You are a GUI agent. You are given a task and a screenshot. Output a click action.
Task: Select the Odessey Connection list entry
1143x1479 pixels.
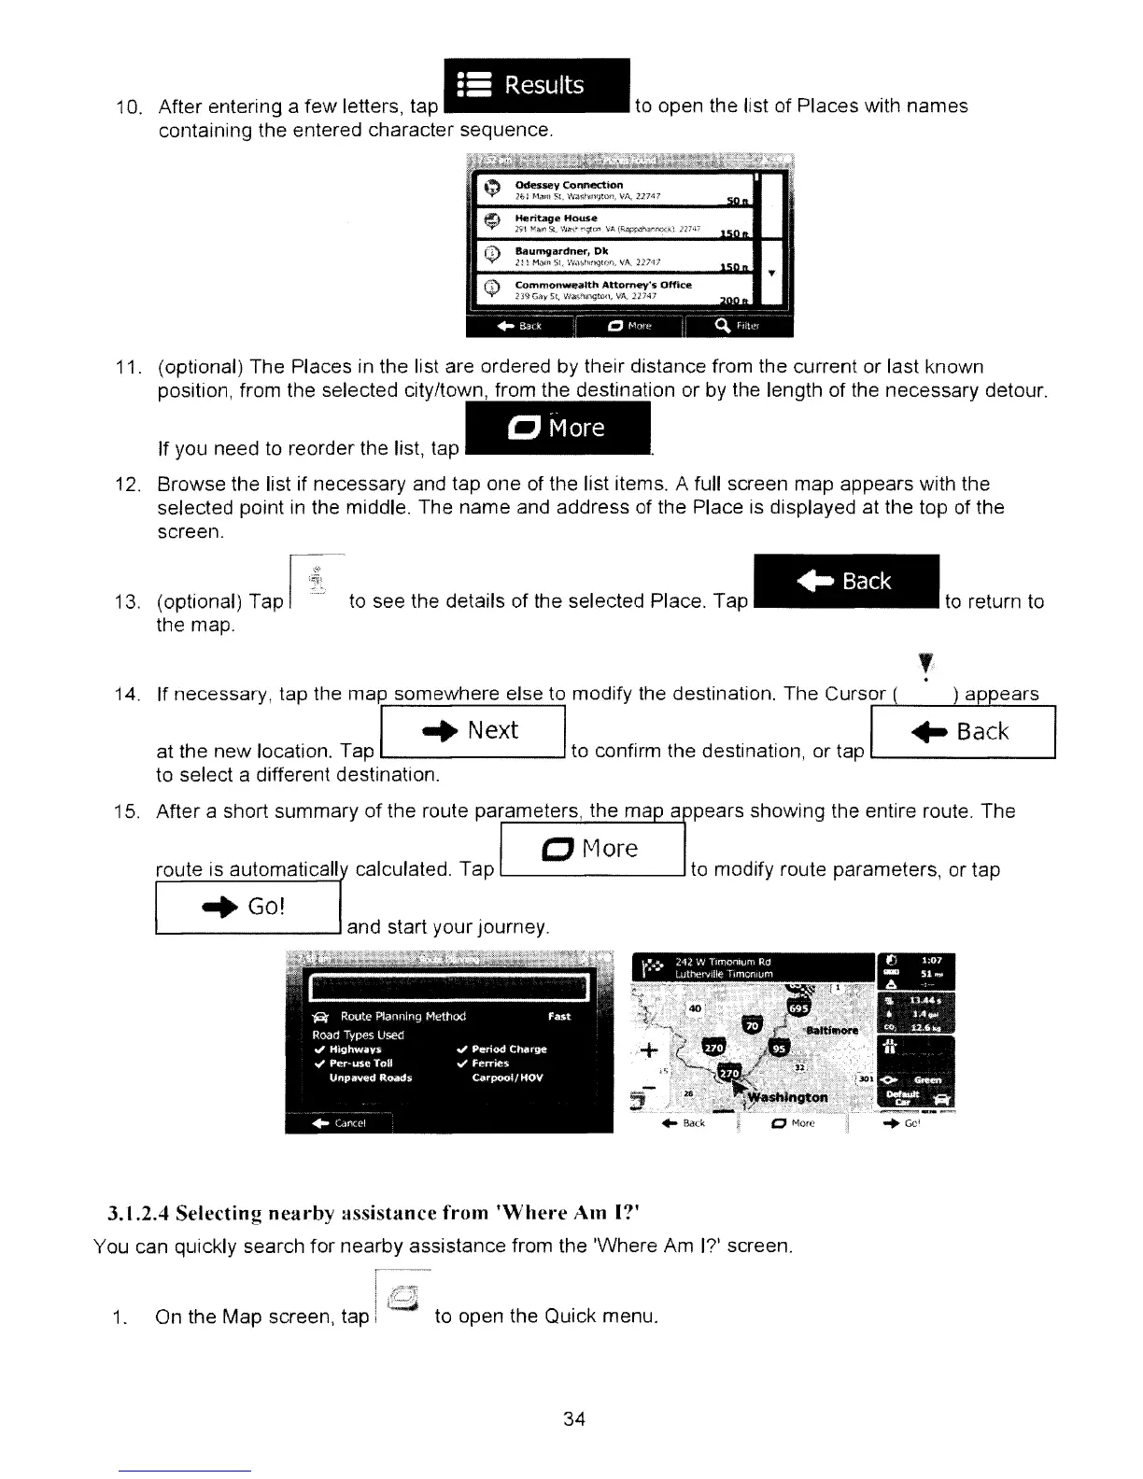pyautogui.click(x=616, y=190)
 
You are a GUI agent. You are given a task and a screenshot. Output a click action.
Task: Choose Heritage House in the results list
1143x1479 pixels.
pyautogui.click(x=616, y=223)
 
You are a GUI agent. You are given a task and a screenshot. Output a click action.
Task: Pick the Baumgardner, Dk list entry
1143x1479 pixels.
pyautogui.click(x=616, y=257)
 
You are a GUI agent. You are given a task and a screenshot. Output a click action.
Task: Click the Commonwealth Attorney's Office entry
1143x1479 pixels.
pyautogui.click(x=616, y=290)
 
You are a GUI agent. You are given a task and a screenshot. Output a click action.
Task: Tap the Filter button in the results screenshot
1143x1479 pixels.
pyautogui.click(x=738, y=326)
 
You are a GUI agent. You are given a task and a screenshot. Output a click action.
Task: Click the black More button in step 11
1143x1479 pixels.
pyautogui.click(x=557, y=429)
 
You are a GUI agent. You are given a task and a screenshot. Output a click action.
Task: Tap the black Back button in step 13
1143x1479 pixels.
pyautogui.click(x=844, y=582)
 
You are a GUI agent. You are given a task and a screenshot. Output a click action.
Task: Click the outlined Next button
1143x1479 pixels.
pyautogui.click(x=473, y=731)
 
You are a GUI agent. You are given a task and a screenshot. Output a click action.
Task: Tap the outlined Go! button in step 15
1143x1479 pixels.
pyautogui.click(x=247, y=907)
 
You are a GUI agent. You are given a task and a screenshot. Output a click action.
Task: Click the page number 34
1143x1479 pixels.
pyautogui.click(x=574, y=1419)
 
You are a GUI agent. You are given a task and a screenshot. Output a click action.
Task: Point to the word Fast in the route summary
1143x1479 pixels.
pyautogui.click(x=558, y=1016)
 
